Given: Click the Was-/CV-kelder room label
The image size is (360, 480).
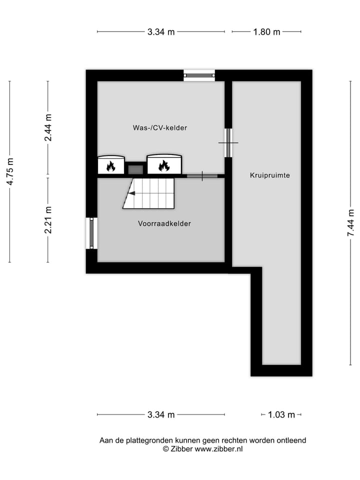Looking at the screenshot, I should (x=160, y=128).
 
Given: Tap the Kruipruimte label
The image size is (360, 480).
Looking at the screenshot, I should (x=270, y=175).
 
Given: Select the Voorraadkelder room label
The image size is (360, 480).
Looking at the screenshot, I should (x=164, y=223).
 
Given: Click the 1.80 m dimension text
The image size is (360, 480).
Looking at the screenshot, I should (x=266, y=32).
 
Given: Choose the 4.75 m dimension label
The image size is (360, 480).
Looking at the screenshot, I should (x=10, y=171).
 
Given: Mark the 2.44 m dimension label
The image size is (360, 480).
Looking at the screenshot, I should (x=48, y=127).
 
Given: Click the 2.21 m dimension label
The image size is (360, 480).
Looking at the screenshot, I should (x=48, y=220).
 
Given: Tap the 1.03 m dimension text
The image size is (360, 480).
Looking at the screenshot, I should (x=281, y=414).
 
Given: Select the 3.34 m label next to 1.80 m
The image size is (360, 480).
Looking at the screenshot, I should (x=161, y=32).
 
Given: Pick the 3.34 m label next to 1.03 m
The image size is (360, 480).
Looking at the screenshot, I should (x=161, y=414).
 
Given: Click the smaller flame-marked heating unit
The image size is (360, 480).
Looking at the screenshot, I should (x=110, y=164).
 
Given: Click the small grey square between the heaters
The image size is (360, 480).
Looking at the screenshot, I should (x=135, y=169).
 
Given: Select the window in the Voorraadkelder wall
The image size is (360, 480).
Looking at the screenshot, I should (x=91, y=233).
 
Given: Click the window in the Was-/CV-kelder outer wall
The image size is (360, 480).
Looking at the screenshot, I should (x=199, y=75).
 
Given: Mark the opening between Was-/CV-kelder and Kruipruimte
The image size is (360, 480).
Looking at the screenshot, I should (x=228, y=142).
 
